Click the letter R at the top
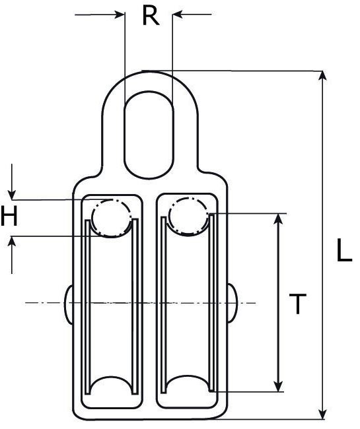point(151,15)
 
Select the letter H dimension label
point(9,217)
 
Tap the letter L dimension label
point(343,251)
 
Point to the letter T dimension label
point(299,304)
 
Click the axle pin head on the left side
point(69,303)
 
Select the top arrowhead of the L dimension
point(322,76)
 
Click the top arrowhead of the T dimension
point(279,219)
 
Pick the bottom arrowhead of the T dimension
point(279,385)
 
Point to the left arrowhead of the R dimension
point(119,14)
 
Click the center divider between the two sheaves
point(149,304)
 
